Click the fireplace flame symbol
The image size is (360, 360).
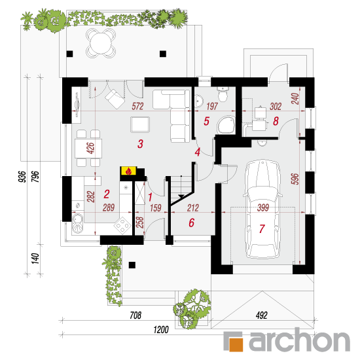129,171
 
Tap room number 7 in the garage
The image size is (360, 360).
262,228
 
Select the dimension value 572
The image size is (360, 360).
137,106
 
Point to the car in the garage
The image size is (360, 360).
262,209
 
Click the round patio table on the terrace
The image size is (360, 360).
101,43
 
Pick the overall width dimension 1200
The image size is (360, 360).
161,330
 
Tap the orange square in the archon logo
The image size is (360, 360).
236,344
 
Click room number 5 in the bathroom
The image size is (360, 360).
206,121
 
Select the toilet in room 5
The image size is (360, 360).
223,94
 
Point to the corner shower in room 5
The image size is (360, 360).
226,125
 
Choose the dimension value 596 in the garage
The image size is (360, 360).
295,179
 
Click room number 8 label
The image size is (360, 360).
276,121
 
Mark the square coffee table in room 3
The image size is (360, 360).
140,124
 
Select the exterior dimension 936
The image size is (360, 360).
22,177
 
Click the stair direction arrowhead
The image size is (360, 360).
181,196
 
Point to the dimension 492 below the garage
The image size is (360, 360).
262,315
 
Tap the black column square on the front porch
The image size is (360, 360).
132,265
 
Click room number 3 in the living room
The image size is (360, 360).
140,144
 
